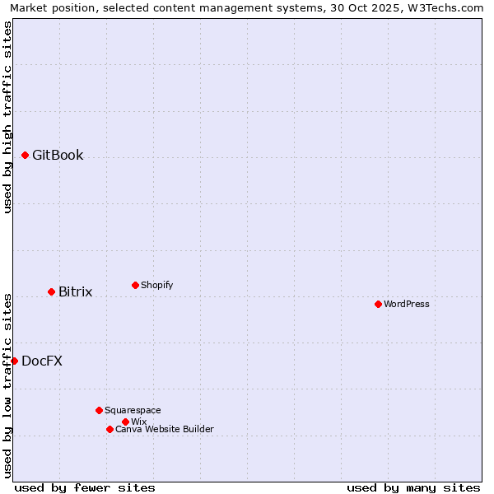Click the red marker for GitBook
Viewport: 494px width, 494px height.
(x=25, y=155)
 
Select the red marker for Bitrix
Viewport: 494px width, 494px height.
(x=51, y=291)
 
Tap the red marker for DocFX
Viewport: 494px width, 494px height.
(x=14, y=361)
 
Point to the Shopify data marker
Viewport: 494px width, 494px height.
(x=135, y=285)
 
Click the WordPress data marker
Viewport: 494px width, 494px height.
(x=378, y=304)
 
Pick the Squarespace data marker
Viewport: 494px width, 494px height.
(x=99, y=410)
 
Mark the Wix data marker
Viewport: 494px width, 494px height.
(x=125, y=422)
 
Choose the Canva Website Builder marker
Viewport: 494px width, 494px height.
(x=110, y=429)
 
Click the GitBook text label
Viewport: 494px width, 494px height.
(x=58, y=155)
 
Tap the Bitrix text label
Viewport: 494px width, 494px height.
(x=75, y=291)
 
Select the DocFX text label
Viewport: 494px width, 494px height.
(x=42, y=361)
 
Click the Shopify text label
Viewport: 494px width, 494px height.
(x=156, y=285)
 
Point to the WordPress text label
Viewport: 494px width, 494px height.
(x=407, y=304)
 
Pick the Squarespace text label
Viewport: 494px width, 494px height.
(x=133, y=410)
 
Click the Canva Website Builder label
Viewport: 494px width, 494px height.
(x=164, y=429)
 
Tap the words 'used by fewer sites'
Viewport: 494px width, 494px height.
(x=85, y=487)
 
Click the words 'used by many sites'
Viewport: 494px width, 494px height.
(x=413, y=487)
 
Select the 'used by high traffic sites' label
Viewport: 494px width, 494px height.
(x=7, y=117)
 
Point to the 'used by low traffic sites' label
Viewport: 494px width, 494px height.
(x=7, y=384)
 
